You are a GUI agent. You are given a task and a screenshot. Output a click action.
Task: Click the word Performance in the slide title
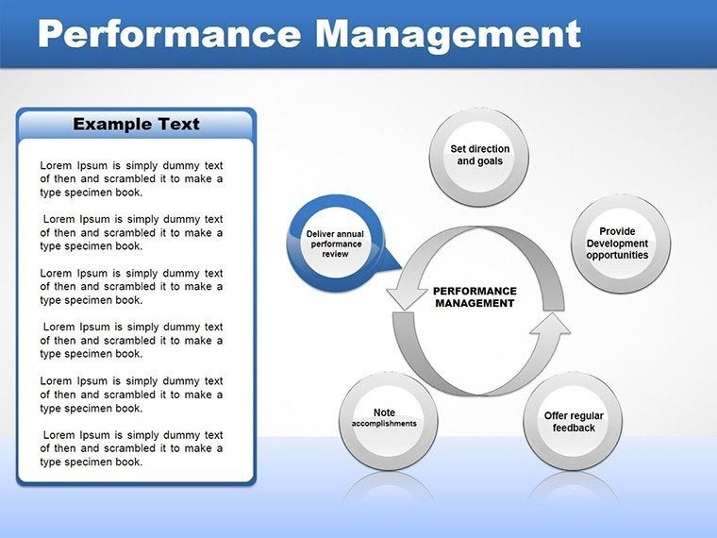(168, 35)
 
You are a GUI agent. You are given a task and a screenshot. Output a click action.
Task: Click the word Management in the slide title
(447, 35)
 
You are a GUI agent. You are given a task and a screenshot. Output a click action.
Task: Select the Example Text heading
(136, 124)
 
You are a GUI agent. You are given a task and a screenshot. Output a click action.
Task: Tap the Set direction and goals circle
(479, 156)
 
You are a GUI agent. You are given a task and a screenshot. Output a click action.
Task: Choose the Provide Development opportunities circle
(622, 243)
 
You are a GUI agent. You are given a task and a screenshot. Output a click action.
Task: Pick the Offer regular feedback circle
(574, 422)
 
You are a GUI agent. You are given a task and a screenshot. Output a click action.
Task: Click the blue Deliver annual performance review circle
(335, 243)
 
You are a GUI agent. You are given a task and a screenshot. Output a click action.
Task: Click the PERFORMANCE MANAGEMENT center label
(475, 297)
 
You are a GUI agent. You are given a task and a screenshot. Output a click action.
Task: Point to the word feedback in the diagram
(574, 429)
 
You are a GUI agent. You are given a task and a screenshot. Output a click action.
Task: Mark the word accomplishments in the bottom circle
(384, 424)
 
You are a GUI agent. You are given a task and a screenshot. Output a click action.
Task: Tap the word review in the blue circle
(335, 254)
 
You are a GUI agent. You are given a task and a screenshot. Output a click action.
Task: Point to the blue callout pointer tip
(401, 270)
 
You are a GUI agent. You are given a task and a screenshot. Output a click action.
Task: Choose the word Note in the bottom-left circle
(384, 412)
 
